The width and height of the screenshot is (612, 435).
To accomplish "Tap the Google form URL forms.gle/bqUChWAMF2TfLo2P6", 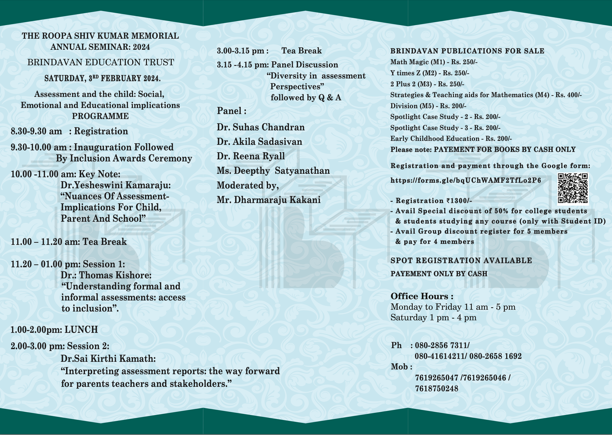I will pyautogui.click(x=466, y=180).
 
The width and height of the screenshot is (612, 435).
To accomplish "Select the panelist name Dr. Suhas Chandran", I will pyautogui.click(x=261, y=127).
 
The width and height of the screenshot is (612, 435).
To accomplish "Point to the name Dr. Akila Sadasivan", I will pyautogui.click(x=259, y=142).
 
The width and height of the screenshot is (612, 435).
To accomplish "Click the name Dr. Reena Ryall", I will pyautogui.click(x=251, y=156).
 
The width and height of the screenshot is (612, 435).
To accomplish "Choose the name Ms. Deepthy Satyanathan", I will pyautogui.click(x=273, y=171).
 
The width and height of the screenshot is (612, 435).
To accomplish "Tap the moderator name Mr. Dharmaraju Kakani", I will pyautogui.click(x=268, y=200).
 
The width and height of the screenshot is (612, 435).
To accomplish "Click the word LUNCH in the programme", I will pyautogui.click(x=81, y=329).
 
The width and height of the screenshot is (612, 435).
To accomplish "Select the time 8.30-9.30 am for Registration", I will pyautogui.click(x=36, y=131).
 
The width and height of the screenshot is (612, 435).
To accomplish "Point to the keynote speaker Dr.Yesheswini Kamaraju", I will pyautogui.click(x=115, y=185).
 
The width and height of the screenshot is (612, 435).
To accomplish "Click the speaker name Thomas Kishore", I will pyautogui.click(x=115, y=275).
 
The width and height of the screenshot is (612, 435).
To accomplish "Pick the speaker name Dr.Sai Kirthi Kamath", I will pyautogui.click(x=108, y=359).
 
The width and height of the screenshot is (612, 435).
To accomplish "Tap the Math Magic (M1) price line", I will pyautogui.click(x=434, y=62).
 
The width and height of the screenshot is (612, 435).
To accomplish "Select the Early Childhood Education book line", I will pyautogui.click(x=451, y=139).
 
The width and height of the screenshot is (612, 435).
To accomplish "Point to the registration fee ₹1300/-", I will pyautogui.click(x=459, y=201).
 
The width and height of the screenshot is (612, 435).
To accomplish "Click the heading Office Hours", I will pyautogui.click(x=422, y=296).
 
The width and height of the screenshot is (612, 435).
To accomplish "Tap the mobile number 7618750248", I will pyautogui.click(x=437, y=389).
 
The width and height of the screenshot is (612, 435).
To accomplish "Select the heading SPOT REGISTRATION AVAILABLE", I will pyautogui.click(x=461, y=261).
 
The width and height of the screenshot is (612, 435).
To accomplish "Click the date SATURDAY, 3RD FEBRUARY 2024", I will pyautogui.click(x=102, y=78).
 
